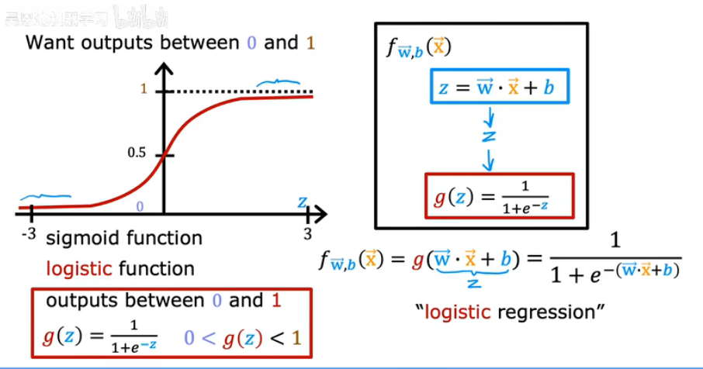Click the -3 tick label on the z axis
(29, 232)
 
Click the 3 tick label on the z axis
(308, 233)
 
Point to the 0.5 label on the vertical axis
(137, 153)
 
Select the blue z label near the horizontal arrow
(302, 203)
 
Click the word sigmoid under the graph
(79, 238)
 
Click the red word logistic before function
(76, 269)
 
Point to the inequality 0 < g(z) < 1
(241, 339)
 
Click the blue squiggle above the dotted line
(279, 80)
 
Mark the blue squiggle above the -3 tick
(45, 197)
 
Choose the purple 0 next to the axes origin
(140, 207)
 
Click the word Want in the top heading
(50, 43)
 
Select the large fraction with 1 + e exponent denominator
(616, 259)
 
